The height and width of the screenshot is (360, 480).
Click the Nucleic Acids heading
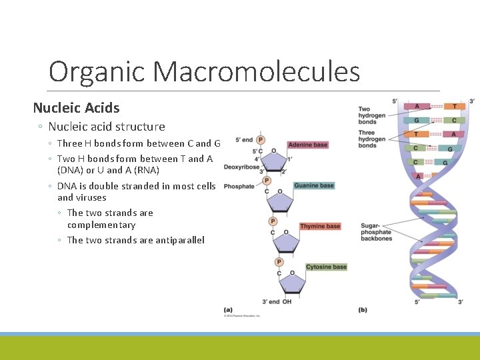coord(76,107)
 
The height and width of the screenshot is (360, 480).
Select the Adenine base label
coord(308,145)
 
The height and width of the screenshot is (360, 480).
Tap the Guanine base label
coord(313,185)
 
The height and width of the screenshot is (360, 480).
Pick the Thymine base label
coord(320,226)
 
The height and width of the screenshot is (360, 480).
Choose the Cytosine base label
coord(326,267)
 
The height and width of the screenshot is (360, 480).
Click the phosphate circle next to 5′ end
coord(261,140)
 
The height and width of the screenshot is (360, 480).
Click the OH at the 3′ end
coord(287,302)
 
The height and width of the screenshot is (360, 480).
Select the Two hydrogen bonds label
coord(372,115)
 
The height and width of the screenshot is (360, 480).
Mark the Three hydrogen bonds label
coord(371,139)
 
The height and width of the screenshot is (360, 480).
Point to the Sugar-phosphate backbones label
coord(376,233)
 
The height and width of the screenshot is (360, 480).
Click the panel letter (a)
coord(229,309)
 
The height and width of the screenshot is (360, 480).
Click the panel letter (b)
coord(363,309)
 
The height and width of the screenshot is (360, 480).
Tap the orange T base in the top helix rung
coord(455,106)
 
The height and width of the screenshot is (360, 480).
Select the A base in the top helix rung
coord(417,106)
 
